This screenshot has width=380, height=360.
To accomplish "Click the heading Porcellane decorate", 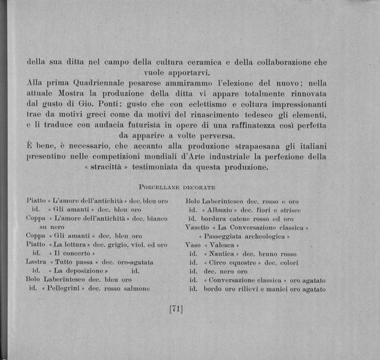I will pyautogui.click(x=177, y=188).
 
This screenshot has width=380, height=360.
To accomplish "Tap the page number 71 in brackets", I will pyautogui.click(x=176, y=309).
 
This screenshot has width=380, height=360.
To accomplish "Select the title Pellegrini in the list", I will pyautogui.click(x=62, y=288).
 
